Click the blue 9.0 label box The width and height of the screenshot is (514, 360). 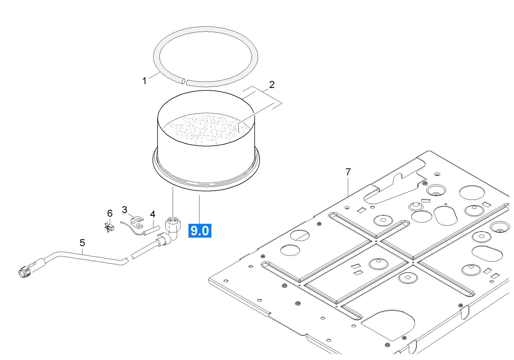[x=199, y=230]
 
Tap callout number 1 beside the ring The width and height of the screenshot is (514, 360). [x=144, y=81]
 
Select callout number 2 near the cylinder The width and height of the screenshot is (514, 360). [x=272, y=84]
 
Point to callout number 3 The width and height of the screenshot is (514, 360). [x=124, y=210]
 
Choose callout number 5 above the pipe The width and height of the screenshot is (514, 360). [x=82, y=243]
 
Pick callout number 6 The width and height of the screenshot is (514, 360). [x=110, y=213]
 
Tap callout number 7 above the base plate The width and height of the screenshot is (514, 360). [x=348, y=172]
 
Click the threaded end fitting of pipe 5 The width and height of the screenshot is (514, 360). [x=23, y=272]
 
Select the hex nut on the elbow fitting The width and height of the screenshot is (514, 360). [x=173, y=223]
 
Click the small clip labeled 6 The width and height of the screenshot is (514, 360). [x=110, y=228]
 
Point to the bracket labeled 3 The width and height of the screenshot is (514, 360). [x=137, y=222]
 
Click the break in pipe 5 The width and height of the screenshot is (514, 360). [x=129, y=258]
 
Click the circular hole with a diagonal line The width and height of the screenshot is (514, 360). [x=300, y=235]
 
